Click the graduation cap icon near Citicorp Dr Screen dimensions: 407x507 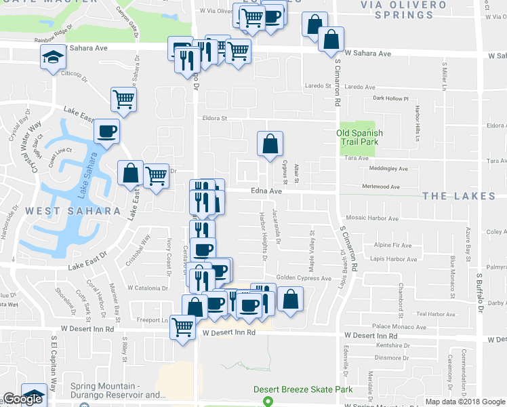51,59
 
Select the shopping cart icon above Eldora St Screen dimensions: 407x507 123,99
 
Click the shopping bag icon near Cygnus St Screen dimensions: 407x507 270,143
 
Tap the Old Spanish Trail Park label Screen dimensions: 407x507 359,138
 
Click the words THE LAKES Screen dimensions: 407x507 460,196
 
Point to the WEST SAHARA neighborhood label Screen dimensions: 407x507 73,211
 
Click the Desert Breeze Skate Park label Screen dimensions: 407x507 303,389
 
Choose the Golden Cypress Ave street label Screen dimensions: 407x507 303,278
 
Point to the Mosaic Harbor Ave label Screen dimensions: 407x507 372,218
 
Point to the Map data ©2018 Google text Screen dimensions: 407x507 464,402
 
